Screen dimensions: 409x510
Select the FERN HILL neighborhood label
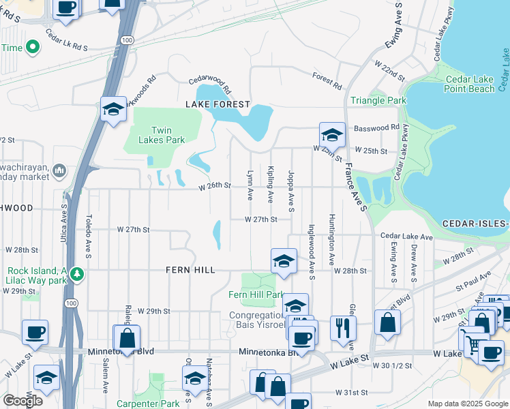(190, 270)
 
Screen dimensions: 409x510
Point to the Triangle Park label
(378, 100)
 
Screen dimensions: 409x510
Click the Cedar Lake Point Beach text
(469, 84)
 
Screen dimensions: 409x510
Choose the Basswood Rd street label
(376, 127)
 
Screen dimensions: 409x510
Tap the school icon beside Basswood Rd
(332, 133)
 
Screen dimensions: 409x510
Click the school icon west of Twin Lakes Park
(112, 108)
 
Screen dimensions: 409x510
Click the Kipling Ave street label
(271, 184)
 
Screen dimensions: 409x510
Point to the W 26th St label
(215, 185)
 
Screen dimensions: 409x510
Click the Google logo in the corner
(22, 400)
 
